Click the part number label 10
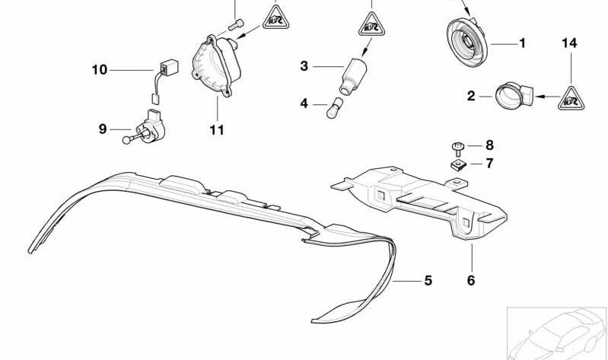(x=99, y=70)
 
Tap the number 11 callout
(x=217, y=129)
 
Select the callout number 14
(x=570, y=43)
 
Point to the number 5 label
(x=428, y=281)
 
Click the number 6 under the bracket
(x=471, y=280)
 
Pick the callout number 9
(x=103, y=129)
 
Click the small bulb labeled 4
(x=334, y=108)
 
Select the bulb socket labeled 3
(x=352, y=76)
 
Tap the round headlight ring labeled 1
(x=467, y=42)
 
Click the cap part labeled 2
(x=514, y=94)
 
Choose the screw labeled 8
(x=458, y=148)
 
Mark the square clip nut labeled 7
(x=458, y=165)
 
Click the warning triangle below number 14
(x=571, y=99)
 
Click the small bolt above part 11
(x=236, y=25)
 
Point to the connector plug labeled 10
(x=166, y=81)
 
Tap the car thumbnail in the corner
(x=557, y=333)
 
